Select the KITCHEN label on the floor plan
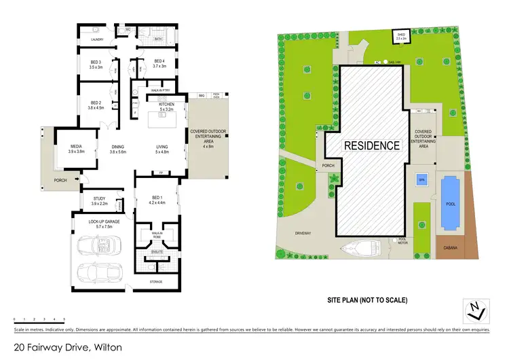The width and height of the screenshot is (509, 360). pyautogui.click(x=167, y=105)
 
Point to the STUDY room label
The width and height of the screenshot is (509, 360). pyautogui.click(x=99, y=198)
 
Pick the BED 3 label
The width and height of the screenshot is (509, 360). pyautogui.click(x=96, y=62)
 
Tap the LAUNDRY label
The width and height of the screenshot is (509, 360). pyautogui.click(x=98, y=39)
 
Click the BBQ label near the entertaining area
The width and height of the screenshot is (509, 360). pyautogui.click(x=202, y=96)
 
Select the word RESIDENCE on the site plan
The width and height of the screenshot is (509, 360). pyautogui.click(x=371, y=145)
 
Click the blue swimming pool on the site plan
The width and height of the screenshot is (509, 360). pyautogui.click(x=449, y=200)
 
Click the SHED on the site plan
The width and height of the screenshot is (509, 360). pyautogui.click(x=401, y=37)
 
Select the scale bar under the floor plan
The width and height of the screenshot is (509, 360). pyautogui.click(x=39, y=318)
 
